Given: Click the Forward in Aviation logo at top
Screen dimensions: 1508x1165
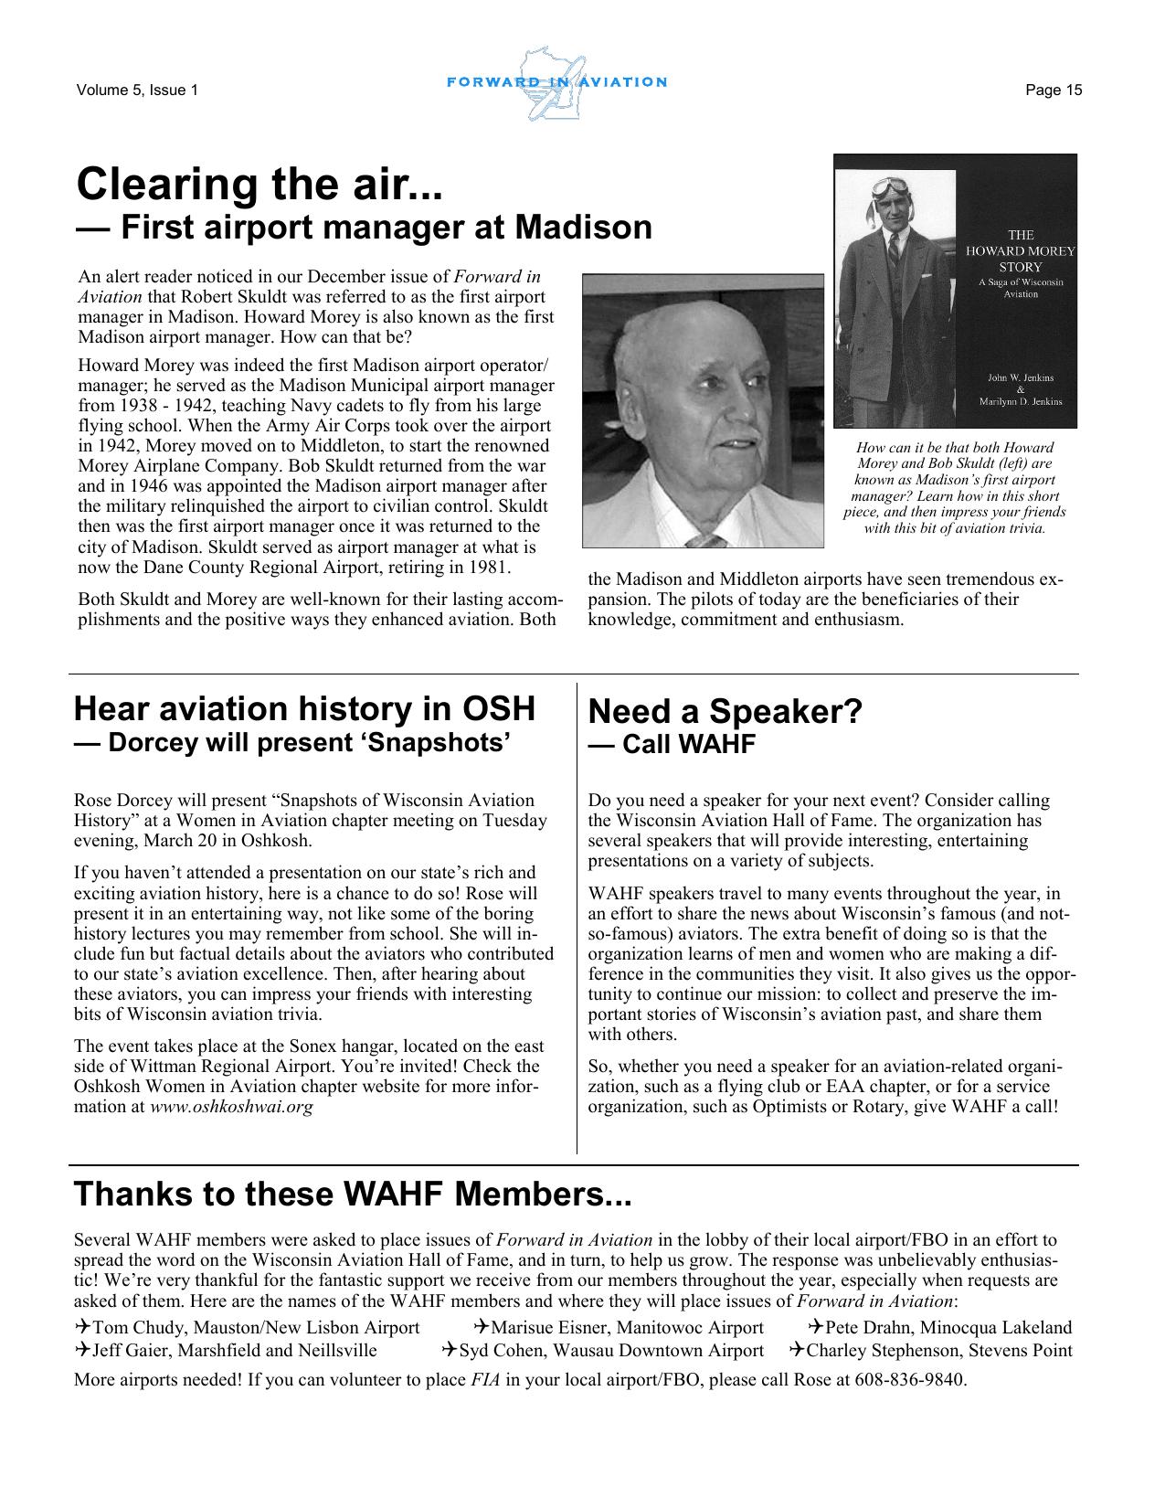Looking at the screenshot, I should (556, 83).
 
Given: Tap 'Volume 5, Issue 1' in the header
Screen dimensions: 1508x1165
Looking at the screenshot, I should (137, 90).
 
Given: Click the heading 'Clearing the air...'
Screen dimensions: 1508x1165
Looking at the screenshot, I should (259, 184).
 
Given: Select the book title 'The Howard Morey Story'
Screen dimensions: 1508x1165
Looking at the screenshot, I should (1021, 250).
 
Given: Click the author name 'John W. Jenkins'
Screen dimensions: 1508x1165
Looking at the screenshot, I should (1020, 377).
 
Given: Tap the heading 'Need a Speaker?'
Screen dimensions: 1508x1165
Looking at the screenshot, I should (725, 711).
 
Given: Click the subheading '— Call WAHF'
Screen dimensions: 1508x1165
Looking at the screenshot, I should (672, 745).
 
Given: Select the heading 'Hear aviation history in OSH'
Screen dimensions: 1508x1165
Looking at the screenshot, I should (303, 709).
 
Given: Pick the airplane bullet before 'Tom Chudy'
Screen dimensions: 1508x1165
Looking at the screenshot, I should (82, 1328).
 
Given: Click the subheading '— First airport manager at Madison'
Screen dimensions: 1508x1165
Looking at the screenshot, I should (364, 228).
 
